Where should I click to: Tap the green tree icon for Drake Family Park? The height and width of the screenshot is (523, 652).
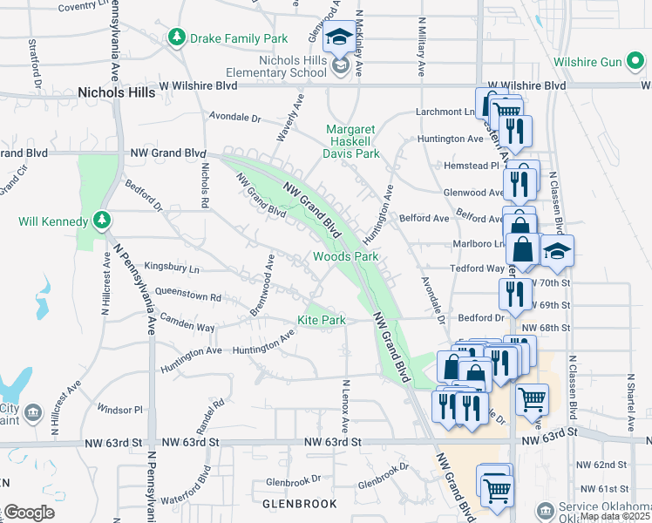point(177,37)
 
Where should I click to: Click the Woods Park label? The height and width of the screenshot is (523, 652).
point(346,257)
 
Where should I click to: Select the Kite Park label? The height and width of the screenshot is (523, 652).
point(322,321)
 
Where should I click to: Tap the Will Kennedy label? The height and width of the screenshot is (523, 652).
point(53,221)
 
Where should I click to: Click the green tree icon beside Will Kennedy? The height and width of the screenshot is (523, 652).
point(103,220)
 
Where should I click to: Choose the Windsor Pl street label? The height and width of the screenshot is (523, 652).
point(119,409)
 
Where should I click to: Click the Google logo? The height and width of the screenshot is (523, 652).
point(28,513)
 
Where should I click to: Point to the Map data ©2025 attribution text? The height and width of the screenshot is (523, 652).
point(615,516)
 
